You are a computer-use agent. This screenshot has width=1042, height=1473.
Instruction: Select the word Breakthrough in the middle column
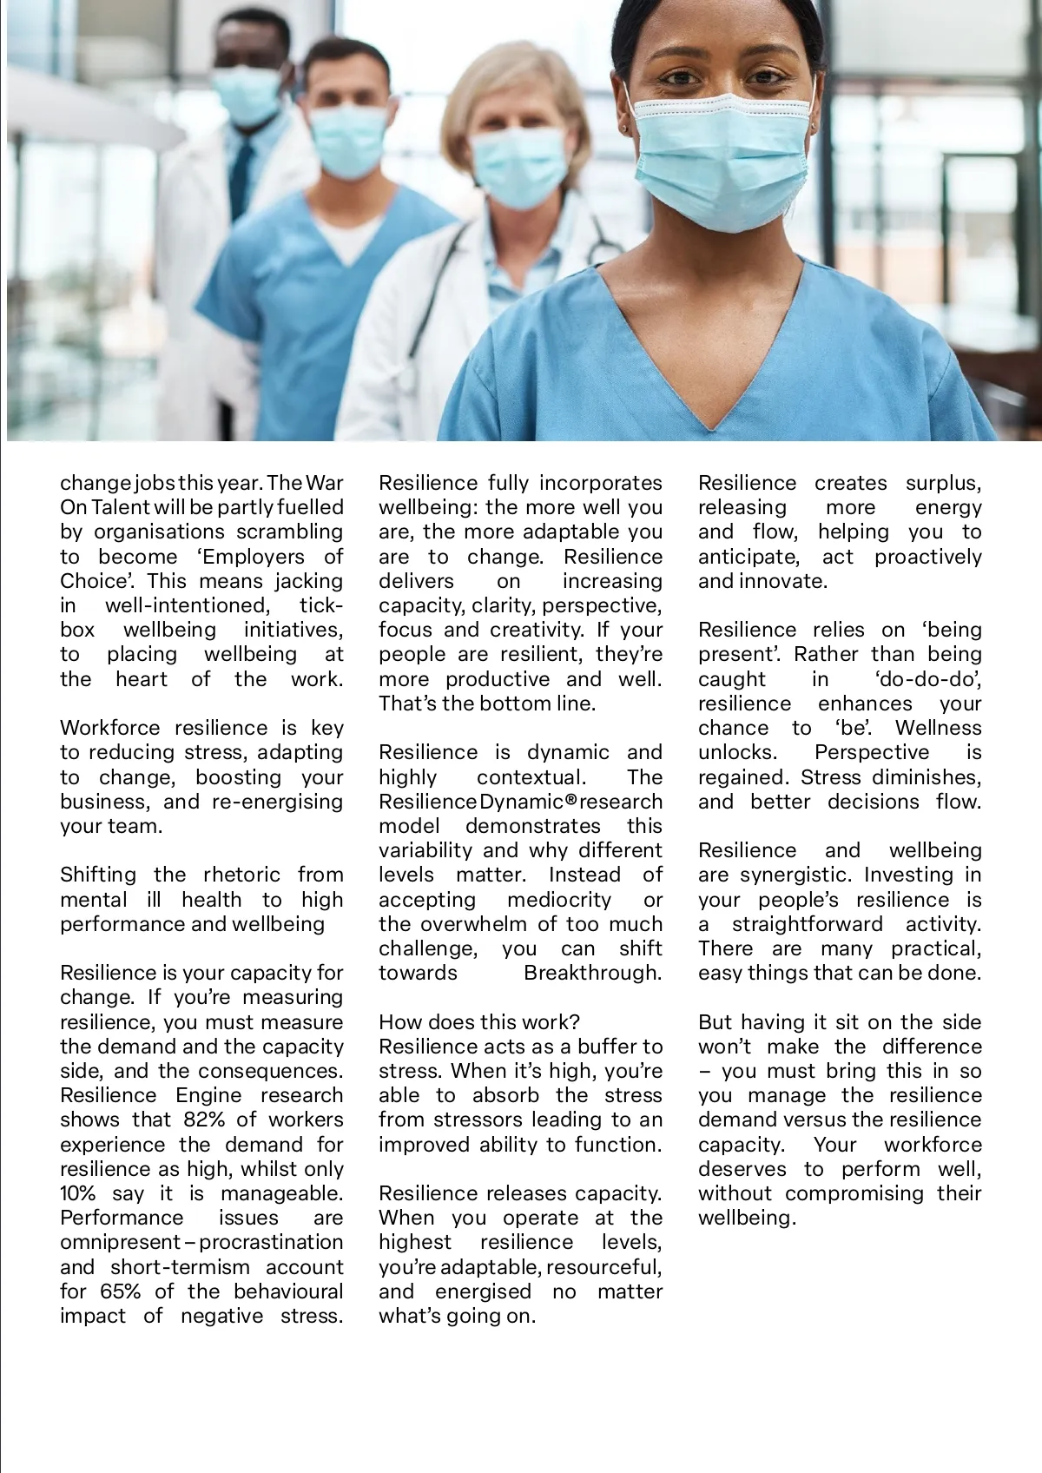(x=592, y=972)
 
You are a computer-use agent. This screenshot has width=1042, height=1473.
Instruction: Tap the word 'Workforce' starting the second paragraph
(x=110, y=728)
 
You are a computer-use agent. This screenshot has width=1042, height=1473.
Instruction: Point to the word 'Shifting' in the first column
(x=96, y=875)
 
